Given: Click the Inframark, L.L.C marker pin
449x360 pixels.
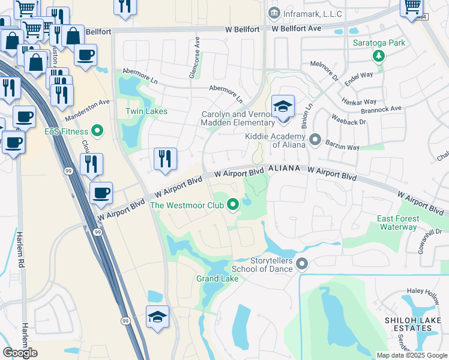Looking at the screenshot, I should [x=274, y=13].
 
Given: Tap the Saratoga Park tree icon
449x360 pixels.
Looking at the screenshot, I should [x=379, y=56].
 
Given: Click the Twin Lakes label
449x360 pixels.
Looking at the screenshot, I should [x=146, y=111].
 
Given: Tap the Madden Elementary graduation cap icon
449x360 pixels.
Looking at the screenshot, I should [x=283, y=108].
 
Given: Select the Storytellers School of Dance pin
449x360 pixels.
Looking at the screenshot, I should [x=301, y=264].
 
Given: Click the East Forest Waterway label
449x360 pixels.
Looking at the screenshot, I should [x=397, y=223].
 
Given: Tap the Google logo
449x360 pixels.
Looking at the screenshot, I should [x=20, y=353].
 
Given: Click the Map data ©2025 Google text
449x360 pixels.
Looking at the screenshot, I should [x=412, y=355].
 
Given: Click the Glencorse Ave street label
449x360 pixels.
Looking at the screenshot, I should [x=195, y=47].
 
